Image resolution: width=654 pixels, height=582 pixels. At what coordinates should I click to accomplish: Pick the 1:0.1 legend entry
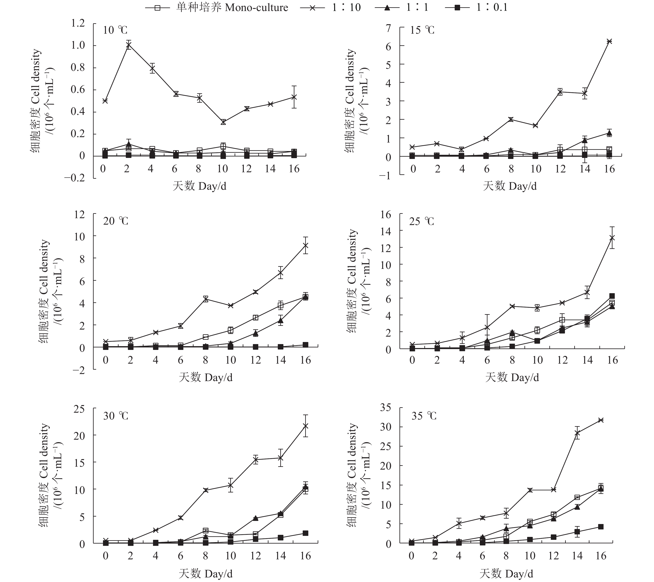[477, 7]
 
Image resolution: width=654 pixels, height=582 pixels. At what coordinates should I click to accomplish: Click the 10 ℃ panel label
[115, 30]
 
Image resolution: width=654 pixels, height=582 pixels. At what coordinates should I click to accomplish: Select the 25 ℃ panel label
[422, 221]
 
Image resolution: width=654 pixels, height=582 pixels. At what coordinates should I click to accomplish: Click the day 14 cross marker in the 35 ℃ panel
[577, 433]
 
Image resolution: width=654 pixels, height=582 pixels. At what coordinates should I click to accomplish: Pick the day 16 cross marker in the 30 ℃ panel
[306, 426]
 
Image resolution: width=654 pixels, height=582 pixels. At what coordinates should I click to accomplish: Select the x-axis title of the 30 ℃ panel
[205, 573]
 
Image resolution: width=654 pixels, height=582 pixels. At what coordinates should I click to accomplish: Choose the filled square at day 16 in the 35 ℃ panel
[601, 527]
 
